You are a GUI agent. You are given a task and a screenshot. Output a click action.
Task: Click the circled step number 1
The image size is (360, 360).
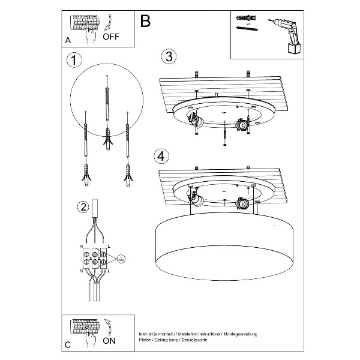(74, 60)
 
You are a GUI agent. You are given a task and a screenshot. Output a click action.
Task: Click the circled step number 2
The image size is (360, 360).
(83, 207)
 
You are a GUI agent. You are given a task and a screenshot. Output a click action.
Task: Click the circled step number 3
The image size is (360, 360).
(169, 56)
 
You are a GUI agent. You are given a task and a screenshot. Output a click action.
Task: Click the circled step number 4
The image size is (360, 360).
(160, 156)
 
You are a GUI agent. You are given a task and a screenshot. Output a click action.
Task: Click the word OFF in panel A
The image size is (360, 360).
(112, 36)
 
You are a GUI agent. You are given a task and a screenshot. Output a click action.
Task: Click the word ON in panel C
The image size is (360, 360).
(109, 340)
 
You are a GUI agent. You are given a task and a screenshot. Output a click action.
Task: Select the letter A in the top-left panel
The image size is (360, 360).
(68, 40)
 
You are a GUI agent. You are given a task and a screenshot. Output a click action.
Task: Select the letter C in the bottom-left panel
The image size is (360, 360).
(68, 344)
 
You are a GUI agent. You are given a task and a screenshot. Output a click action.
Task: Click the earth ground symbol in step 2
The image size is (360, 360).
(120, 258)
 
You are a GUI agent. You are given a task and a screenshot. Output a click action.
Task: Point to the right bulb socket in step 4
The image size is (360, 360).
(244, 203)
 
